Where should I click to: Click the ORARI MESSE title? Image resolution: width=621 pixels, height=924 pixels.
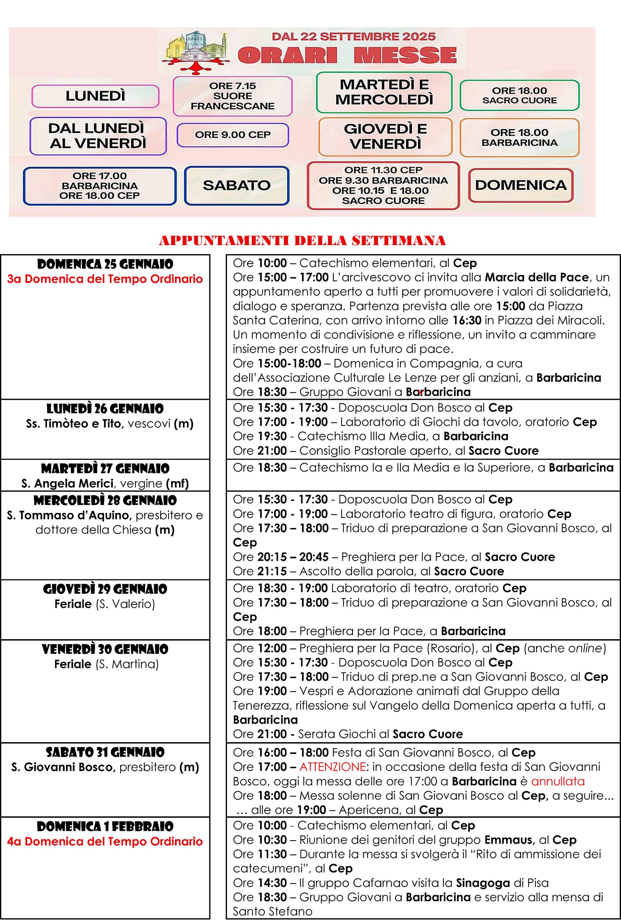pos(347,55)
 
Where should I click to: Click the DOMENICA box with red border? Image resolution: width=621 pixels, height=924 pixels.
pos(520,185)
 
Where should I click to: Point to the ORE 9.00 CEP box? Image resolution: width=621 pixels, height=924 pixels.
pos(232,135)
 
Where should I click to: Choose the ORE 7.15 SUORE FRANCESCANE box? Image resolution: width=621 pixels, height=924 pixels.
pos(232,96)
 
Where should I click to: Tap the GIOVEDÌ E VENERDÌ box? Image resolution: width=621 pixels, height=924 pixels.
pos(385,136)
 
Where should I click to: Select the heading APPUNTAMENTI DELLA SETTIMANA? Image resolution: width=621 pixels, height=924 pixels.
pos(302,240)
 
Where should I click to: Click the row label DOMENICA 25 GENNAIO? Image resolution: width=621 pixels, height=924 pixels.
pos(105,264)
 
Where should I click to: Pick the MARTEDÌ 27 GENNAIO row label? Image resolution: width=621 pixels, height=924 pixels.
pos(105,468)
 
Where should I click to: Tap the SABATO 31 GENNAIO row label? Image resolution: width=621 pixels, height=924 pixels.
pos(105,752)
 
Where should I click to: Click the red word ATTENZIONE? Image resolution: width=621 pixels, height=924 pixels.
pos(332,767)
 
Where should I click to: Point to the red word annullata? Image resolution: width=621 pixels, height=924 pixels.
pos(557,781)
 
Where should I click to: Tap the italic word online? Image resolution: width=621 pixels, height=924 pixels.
pos(585,648)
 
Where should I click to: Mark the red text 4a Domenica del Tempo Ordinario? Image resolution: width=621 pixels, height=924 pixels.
pos(105,841)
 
